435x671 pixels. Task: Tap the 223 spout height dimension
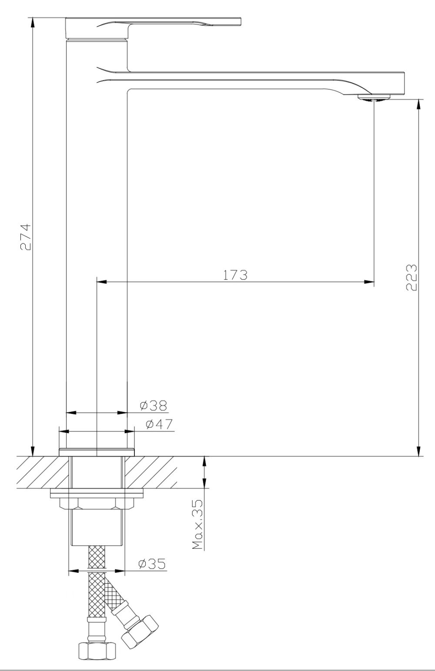[412, 277]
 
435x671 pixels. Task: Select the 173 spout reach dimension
[235, 275]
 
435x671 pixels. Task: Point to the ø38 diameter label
[154, 406]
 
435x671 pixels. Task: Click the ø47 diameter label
[159, 424]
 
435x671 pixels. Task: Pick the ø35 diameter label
[152, 564]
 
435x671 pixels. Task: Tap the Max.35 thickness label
[198, 524]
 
